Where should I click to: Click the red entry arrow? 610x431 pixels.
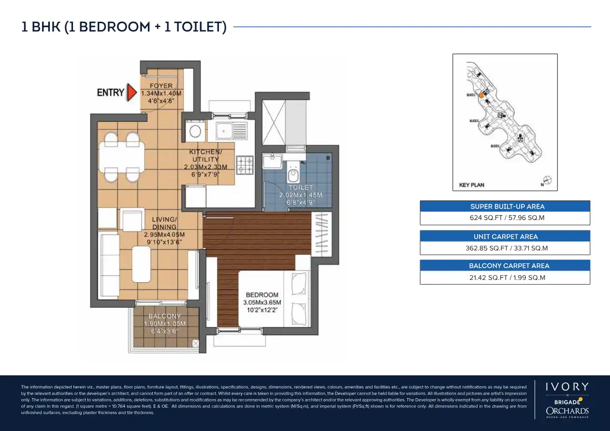pyautogui.click(x=131, y=92)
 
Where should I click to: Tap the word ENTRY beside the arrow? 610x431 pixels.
pyautogui.click(x=111, y=92)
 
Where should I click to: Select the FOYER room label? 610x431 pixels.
pyautogui.click(x=161, y=86)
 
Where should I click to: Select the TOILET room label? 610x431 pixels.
pyautogui.click(x=301, y=187)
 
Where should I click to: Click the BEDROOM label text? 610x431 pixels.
pyautogui.click(x=262, y=295)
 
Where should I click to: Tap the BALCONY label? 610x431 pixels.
pyautogui.click(x=165, y=316)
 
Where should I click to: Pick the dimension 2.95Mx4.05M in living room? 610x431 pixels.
pyautogui.click(x=164, y=235)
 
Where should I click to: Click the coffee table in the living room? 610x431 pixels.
pyautogui.click(x=141, y=264)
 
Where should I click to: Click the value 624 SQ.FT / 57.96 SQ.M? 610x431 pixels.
pyautogui.click(x=505, y=218)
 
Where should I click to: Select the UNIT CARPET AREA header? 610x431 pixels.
pyautogui.click(x=505, y=236)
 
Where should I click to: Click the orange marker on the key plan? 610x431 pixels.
pyautogui.click(x=481, y=96)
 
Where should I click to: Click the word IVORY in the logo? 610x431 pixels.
pyautogui.click(x=567, y=387)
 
